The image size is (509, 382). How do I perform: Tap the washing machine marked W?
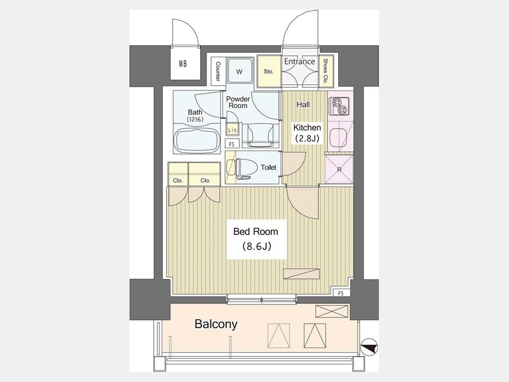[x=240, y=71]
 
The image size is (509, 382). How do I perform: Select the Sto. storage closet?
[x=269, y=71]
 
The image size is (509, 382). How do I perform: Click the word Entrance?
[x=299, y=61]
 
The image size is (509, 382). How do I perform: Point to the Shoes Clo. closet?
[x=326, y=71]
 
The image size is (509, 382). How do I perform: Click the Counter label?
[x=218, y=71]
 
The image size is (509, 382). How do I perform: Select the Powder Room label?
[x=238, y=102]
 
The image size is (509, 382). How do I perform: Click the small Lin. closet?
[x=232, y=129]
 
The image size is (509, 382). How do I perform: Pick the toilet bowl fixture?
[x=243, y=168]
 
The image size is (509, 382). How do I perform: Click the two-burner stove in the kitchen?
[x=339, y=106]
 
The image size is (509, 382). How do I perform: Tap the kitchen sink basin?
[x=338, y=137]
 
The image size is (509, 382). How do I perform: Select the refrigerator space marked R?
[x=339, y=170]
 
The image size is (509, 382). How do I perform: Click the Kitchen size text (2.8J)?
[x=307, y=139]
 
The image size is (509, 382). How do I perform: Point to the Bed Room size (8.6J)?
[x=256, y=246]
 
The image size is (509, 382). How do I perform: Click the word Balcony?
[x=216, y=324]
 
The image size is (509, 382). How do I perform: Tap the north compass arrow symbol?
[x=369, y=346]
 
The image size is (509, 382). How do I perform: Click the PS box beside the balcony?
[x=340, y=293]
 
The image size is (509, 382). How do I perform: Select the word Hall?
[x=303, y=105]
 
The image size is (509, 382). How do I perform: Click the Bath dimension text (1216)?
[x=195, y=119]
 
